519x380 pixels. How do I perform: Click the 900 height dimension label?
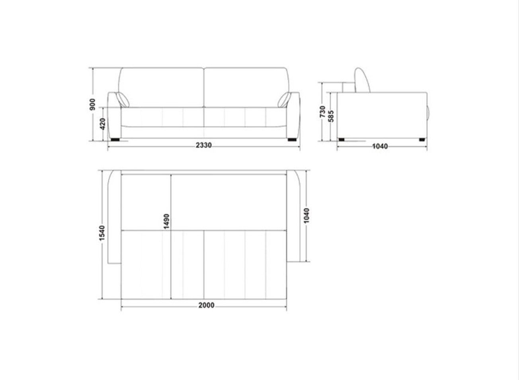point(92,104)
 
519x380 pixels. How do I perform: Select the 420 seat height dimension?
point(102,124)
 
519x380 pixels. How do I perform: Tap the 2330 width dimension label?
point(204,145)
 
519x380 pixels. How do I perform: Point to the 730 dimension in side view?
point(322,112)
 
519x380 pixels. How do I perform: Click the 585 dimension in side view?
point(331,116)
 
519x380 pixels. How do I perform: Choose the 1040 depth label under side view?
point(380,146)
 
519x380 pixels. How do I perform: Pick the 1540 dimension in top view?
point(102,233)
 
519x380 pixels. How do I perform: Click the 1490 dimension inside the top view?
point(167,221)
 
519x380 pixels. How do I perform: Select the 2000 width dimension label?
point(206,306)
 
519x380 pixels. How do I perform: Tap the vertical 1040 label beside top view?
point(306,215)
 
